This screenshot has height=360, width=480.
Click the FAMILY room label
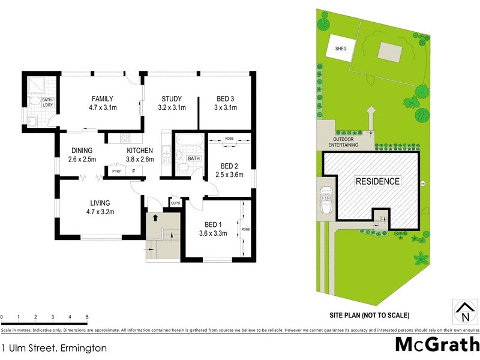[103, 99]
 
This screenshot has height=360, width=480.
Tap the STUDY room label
[172, 99]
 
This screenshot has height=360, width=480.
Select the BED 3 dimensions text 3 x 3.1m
[227, 108]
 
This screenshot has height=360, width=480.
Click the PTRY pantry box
[116, 172]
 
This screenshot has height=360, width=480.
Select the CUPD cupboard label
[176, 203]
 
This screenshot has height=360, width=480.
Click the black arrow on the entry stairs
[157, 218]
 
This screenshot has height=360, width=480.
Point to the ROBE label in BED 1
[245, 229]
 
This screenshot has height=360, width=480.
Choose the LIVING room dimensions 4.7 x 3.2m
[101, 212]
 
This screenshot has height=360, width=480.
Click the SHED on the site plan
[341, 49]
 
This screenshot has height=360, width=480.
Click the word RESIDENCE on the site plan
[377, 181]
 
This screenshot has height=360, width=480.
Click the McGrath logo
[437, 345]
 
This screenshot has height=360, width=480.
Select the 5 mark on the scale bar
[88, 316]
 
